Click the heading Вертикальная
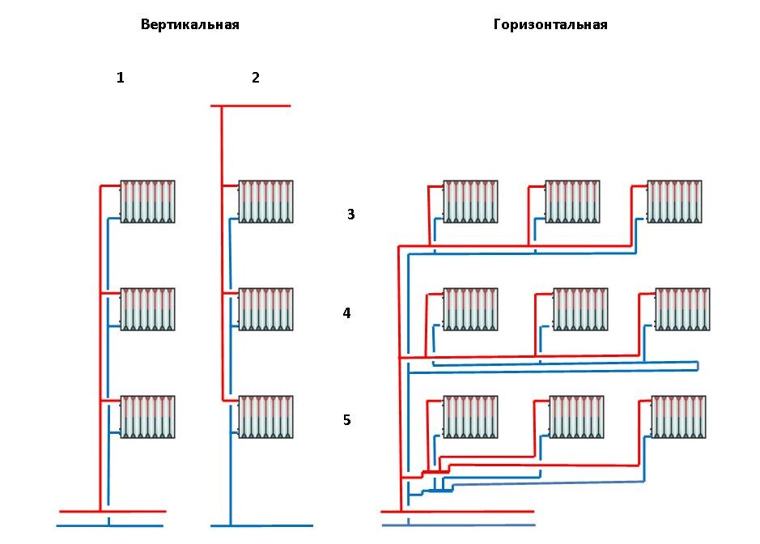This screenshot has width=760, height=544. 190,25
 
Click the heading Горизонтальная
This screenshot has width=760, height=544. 550,25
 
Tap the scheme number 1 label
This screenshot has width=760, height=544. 121,78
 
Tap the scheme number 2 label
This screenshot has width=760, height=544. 256,78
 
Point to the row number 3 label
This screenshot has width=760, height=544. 351,214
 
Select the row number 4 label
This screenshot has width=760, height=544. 346,313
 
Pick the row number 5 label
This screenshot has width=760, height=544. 346,420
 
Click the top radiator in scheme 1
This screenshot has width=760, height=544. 147,202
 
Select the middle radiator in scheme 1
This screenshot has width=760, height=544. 147,309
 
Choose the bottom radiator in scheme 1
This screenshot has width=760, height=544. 147,417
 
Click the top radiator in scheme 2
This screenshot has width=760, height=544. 265,202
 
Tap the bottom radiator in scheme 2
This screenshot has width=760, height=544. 265,417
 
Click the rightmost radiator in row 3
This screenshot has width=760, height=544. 674,202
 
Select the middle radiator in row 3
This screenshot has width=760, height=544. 572,202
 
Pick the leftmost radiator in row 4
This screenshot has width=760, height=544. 470,309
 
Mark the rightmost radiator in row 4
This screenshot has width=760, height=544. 682,309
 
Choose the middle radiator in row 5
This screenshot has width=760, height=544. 576,417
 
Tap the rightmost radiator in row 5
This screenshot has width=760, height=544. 678,417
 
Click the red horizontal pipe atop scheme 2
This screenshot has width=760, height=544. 251,106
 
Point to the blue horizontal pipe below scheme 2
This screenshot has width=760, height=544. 261,525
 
